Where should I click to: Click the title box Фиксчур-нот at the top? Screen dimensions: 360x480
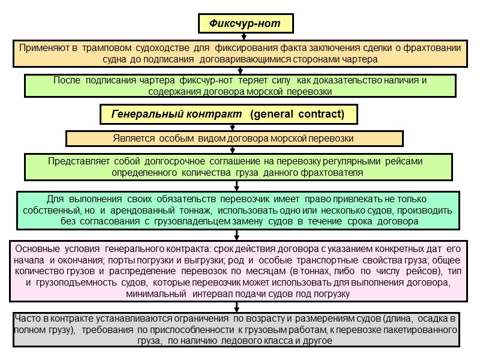(x=247, y=23)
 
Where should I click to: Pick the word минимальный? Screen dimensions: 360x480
(x=153, y=293)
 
